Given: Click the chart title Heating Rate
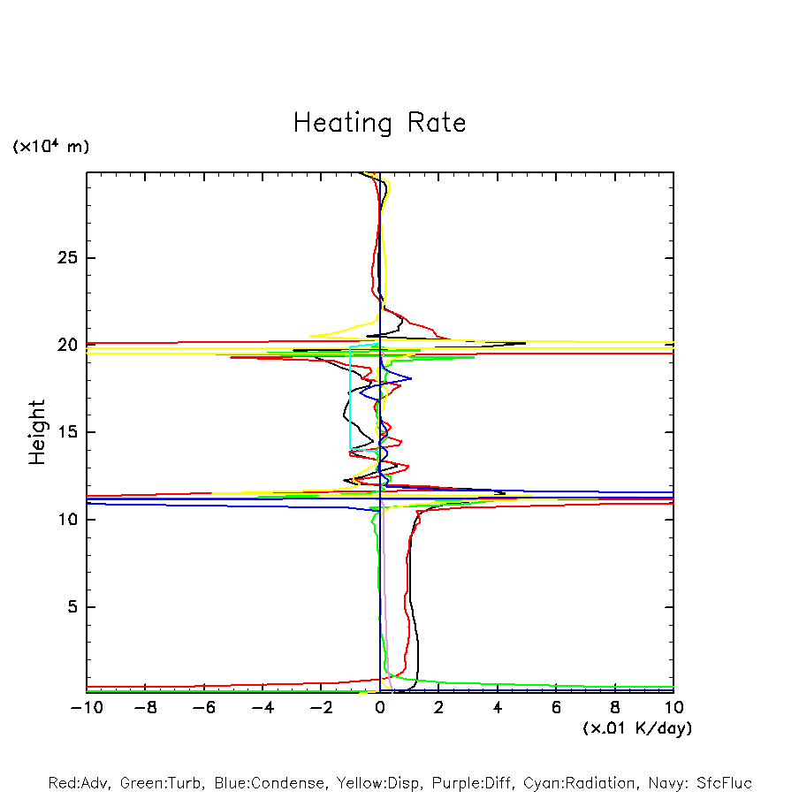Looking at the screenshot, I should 379,122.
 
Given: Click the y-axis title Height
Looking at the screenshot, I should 37,432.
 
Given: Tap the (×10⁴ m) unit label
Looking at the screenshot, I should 50,147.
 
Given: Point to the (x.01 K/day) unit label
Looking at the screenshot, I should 636,728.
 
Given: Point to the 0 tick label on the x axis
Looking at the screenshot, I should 380,708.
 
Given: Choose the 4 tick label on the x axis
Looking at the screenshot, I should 498,708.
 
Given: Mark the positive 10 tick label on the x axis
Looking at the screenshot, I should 673,708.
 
